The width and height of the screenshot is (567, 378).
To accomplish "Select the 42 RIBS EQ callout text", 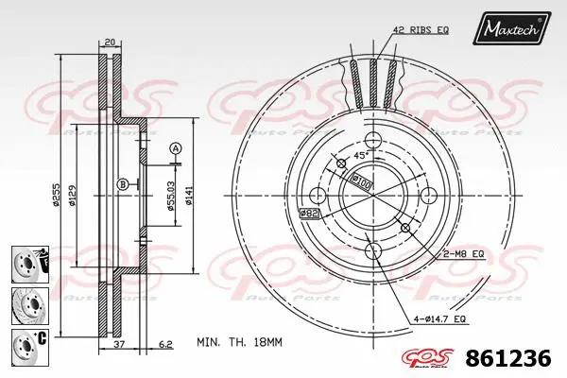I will click(x=422, y=31).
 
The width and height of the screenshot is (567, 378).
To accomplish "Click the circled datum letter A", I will click(x=175, y=148).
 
